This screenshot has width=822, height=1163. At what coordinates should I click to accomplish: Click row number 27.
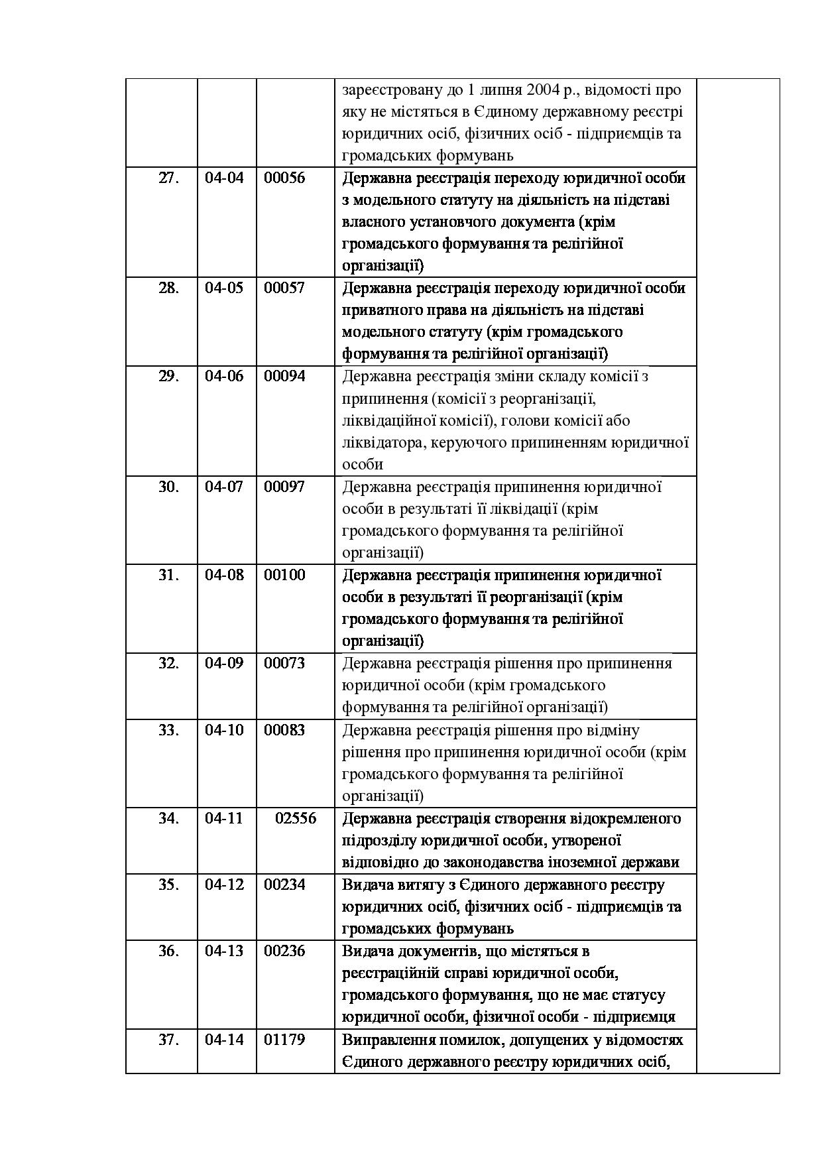pyautogui.click(x=169, y=178)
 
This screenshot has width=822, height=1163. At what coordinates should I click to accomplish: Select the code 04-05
pyautogui.click(x=224, y=288)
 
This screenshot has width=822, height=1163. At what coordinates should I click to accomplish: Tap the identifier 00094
pyautogui.click(x=284, y=377)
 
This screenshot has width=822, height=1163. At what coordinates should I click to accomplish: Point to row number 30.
pyautogui.click(x=169, y=487)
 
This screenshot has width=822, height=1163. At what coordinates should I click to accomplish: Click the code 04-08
pyautogui.click(x=224, y=575)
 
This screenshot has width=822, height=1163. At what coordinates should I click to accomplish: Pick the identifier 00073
pyautogui.click(x=284, y=663)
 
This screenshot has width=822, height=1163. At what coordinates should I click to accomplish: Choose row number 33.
pyautogui.click(x=169, y=730)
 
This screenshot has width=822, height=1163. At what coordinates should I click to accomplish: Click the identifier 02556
pyautogui.click(x=296, y=818)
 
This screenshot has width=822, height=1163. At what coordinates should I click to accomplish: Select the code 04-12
pyautogui.click(x=224, y=885)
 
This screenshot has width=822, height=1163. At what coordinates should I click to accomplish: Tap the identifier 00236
pyautogui.click(x=284, y=951)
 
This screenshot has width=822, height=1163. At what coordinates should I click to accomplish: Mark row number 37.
pyautogui.click(x=169, y=1040)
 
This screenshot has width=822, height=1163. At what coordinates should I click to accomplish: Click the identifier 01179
pyautogui.click(x=284, y=1040)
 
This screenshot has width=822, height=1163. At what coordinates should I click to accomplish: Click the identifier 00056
pyautogui.click(x=284, y=178)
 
